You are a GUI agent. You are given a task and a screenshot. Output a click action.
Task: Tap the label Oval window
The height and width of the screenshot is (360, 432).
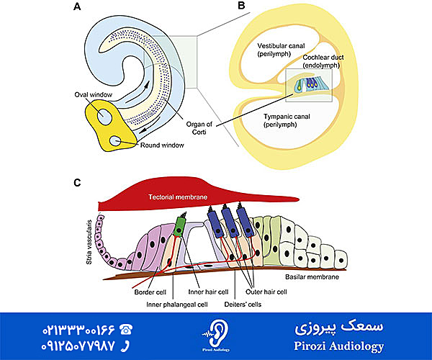coord(94,95)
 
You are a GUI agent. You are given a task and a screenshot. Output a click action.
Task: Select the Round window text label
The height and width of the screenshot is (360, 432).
coord(160,145)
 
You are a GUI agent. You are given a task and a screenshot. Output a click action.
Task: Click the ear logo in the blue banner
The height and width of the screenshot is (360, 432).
coord(216,333)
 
